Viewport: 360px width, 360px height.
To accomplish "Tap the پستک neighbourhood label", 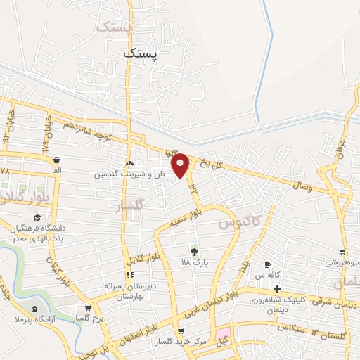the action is click(141, 52).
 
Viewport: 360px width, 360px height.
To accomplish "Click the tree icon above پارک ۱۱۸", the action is click(195, 252).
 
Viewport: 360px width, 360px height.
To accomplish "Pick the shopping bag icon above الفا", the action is click(56, 160).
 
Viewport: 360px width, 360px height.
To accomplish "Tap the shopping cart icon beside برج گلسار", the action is click(86, 308).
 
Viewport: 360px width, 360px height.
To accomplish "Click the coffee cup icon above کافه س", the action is click(267, 265).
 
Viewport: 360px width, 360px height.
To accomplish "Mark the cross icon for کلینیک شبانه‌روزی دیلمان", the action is click(278, 289).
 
